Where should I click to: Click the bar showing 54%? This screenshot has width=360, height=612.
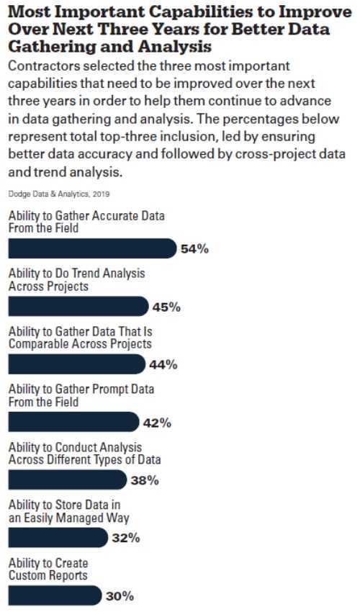click(93, 248)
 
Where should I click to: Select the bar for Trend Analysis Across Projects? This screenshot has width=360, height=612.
click(78, 307)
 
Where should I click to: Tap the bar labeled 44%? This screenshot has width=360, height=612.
click(77, 364)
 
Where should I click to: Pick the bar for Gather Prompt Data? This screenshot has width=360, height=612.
click(73, 422)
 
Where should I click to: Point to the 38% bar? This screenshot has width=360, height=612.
click(68, 480)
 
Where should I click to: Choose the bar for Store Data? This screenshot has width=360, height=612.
click(58, 537)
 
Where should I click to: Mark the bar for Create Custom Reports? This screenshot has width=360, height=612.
click(55, 595)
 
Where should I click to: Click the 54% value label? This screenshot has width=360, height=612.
click(194, 249)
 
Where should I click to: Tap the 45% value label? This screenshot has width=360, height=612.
click(166, 307)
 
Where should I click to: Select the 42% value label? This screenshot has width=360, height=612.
click(157, 423)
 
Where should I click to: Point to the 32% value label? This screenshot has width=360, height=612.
click(126, 539)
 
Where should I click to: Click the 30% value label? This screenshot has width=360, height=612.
click(120, 596)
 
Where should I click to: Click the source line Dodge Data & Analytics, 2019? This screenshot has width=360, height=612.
click(59, 194)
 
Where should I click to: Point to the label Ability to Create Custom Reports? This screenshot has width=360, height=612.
click(48, 569)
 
